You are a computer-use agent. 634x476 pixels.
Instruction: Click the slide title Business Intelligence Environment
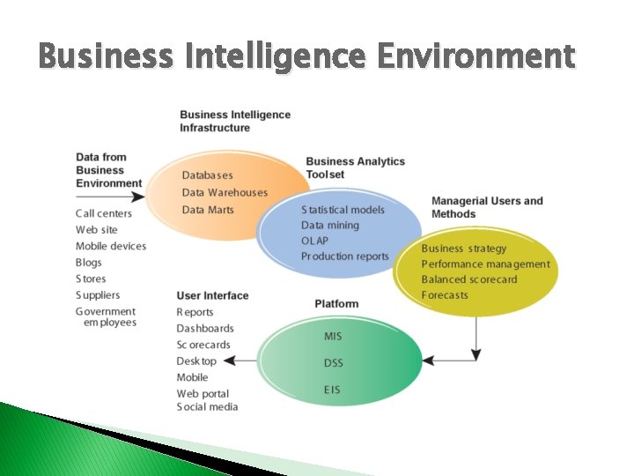click(306, 57)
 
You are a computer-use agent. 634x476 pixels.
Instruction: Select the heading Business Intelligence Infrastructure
click(235, 122)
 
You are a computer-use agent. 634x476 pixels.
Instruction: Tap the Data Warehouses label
click(225, 193)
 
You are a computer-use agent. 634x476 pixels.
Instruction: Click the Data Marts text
click(208, 210)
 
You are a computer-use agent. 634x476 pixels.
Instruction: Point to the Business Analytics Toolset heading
click(355, 167)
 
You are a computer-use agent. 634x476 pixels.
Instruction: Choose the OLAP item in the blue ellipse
click(314, 241)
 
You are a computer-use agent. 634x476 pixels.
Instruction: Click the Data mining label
click(330, 225)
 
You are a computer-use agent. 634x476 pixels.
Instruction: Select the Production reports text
click(344, 257)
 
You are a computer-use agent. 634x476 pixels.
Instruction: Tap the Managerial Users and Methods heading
click(487, 207)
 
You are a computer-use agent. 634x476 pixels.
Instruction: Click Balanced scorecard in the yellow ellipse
click(468, 279)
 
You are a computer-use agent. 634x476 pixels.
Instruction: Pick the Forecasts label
click(445, 295)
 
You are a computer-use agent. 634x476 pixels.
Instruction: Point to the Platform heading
click(336, 304)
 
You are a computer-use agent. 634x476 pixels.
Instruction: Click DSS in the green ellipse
click(334, 363)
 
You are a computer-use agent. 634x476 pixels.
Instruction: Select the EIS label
click(332, 390)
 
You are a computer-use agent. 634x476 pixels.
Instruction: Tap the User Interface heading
click(212, 295)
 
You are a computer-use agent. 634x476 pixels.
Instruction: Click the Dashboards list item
click(205, 329)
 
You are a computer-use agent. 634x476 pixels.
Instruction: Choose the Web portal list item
click(203, 394)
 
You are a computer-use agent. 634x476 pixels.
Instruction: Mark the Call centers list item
click(104, 213)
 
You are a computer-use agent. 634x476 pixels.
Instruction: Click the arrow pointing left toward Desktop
click(240, 361)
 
